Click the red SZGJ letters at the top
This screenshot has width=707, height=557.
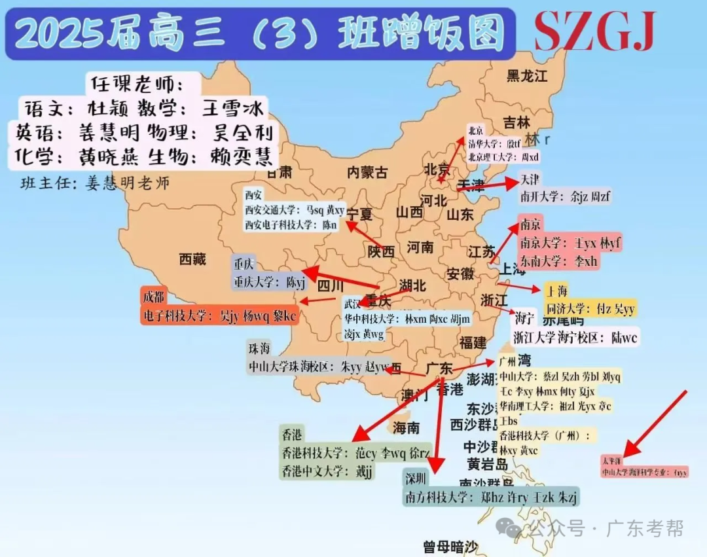coord(594,31)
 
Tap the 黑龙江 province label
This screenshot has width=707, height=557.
coord(526,76)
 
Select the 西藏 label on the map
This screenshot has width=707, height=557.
coord(192,260)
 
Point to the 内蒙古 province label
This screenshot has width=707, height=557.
coord(367,173)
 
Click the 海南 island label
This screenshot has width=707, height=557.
coord(406,429)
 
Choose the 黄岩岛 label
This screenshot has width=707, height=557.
coord(488,465)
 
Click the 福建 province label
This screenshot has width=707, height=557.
coord(473,342)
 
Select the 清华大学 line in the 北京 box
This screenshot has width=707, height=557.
coord(494,143)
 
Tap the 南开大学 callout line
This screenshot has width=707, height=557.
coord(565,196)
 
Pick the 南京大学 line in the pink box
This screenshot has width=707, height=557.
coord(570,243)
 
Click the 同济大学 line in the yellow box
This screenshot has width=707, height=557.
coord(591,309)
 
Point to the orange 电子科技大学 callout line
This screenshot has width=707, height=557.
coord(219,315)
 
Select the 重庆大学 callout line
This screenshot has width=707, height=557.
coord(270,282)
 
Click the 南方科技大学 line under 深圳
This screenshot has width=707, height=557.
coord(491,497)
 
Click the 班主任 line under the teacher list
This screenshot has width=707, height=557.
coord(95,183)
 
